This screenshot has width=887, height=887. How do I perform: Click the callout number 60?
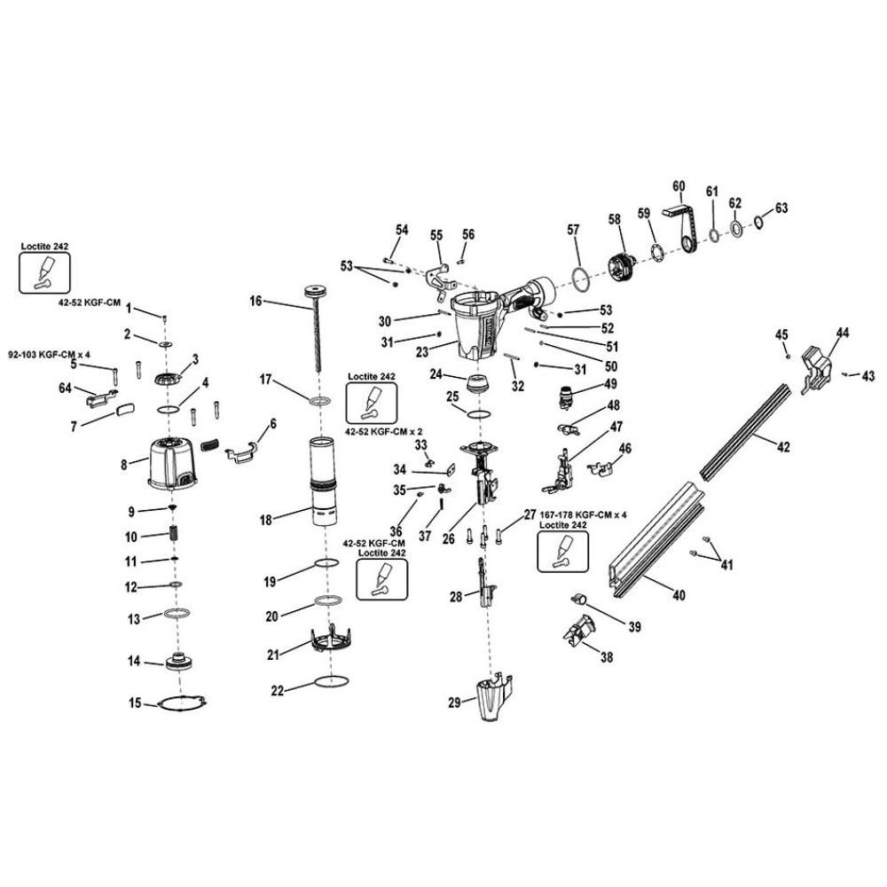[x=679, y=186]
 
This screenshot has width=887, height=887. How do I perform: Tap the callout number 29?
[x=455, y=703]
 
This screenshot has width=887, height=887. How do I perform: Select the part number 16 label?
[x=255, y=302]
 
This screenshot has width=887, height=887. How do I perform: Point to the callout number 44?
[x=842, y=333]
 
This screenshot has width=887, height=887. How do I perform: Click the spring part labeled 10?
[x=175, y=536]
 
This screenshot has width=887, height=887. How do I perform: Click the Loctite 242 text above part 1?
[x=43, y=246]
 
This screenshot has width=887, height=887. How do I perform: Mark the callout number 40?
[x=679, y=595]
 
